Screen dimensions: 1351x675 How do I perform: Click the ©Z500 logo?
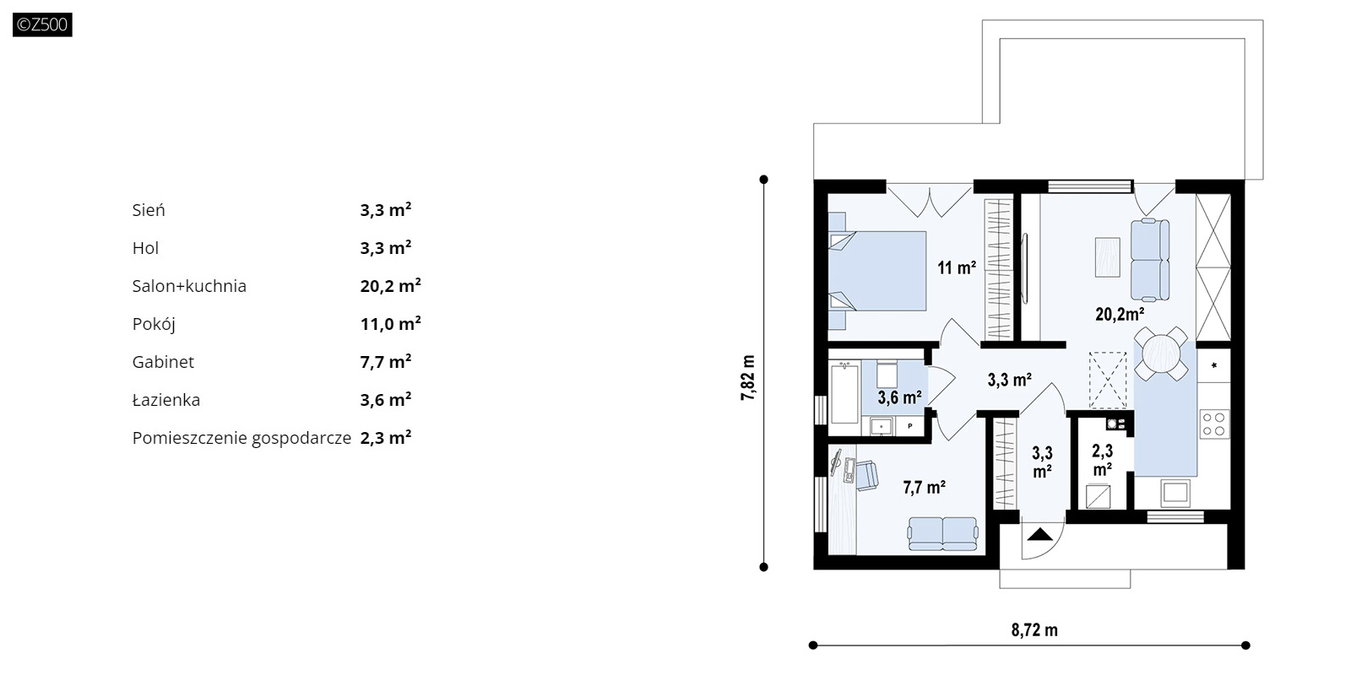[42, 24]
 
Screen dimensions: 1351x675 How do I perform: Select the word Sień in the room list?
[149, 210]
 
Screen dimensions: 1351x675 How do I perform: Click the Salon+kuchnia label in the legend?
[189, 286]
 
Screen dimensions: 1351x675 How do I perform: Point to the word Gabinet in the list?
[163, 362]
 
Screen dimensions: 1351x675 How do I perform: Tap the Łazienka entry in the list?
[165, 400]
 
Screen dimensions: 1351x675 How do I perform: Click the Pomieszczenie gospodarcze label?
[241, 438]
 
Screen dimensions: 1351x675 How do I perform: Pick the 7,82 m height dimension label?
[748, 378]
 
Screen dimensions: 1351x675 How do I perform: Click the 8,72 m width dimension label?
[1034, 629]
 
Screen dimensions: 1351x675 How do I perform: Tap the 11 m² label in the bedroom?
[957, 267]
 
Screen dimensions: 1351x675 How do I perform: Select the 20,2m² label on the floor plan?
[1120, 314]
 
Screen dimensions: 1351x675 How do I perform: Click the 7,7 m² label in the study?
[924, 487]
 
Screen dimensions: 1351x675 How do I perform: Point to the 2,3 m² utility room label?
[1103, 460]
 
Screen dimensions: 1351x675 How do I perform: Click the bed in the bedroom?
[877, 271]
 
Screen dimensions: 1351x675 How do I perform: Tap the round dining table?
[1161, 354]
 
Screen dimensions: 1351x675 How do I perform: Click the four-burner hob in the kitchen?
[1214, 424]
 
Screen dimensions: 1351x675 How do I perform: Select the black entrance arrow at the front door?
[1039, 535]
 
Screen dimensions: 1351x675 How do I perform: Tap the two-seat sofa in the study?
[942, 533]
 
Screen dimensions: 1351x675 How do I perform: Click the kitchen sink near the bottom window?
[1175, 493]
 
